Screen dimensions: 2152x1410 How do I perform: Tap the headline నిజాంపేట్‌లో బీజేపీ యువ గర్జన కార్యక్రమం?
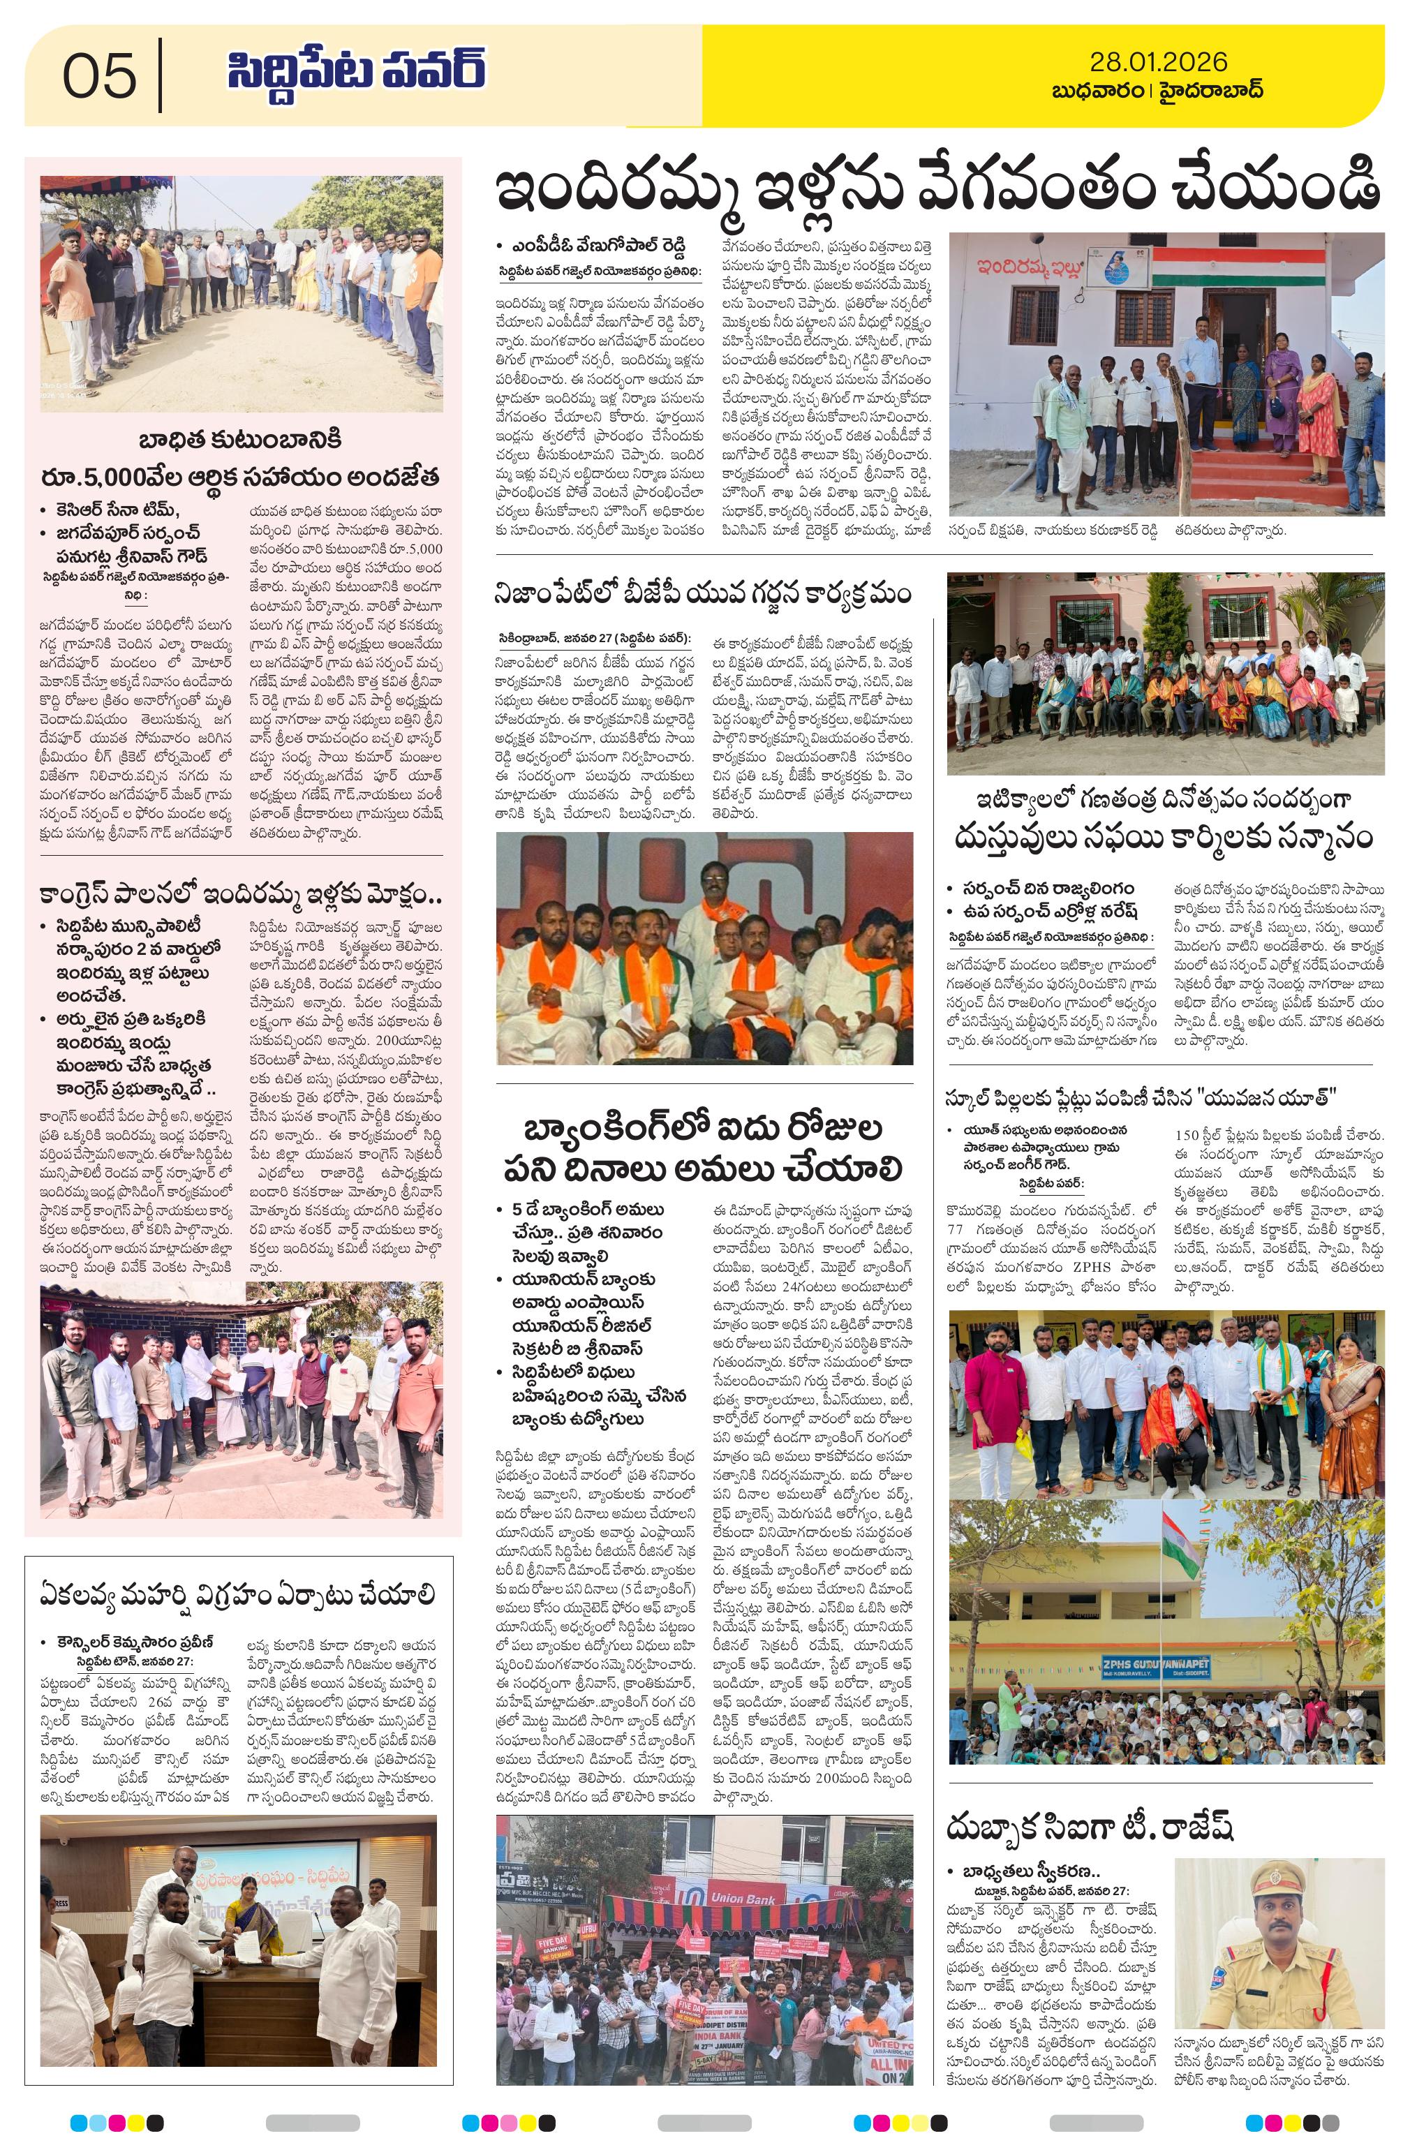[x=703, y=594]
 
